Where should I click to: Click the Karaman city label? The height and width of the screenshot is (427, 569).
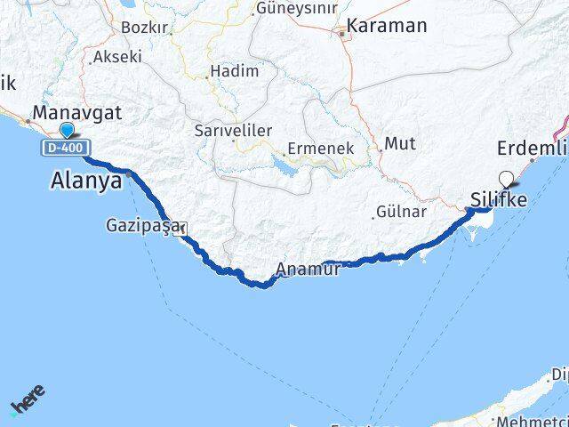click(387, 25)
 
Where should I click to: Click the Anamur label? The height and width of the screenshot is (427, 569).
click(308, 269)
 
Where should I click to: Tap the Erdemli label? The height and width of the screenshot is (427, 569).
click(532, 148)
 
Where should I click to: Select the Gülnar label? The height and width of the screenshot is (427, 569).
click(401, 212)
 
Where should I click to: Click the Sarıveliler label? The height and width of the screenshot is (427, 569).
click(233, 130)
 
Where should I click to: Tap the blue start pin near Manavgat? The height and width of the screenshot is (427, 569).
click(67, 132)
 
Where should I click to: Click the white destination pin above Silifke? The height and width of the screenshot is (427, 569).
click(507, 178)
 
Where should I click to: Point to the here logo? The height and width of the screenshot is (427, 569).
click(27, 399)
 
